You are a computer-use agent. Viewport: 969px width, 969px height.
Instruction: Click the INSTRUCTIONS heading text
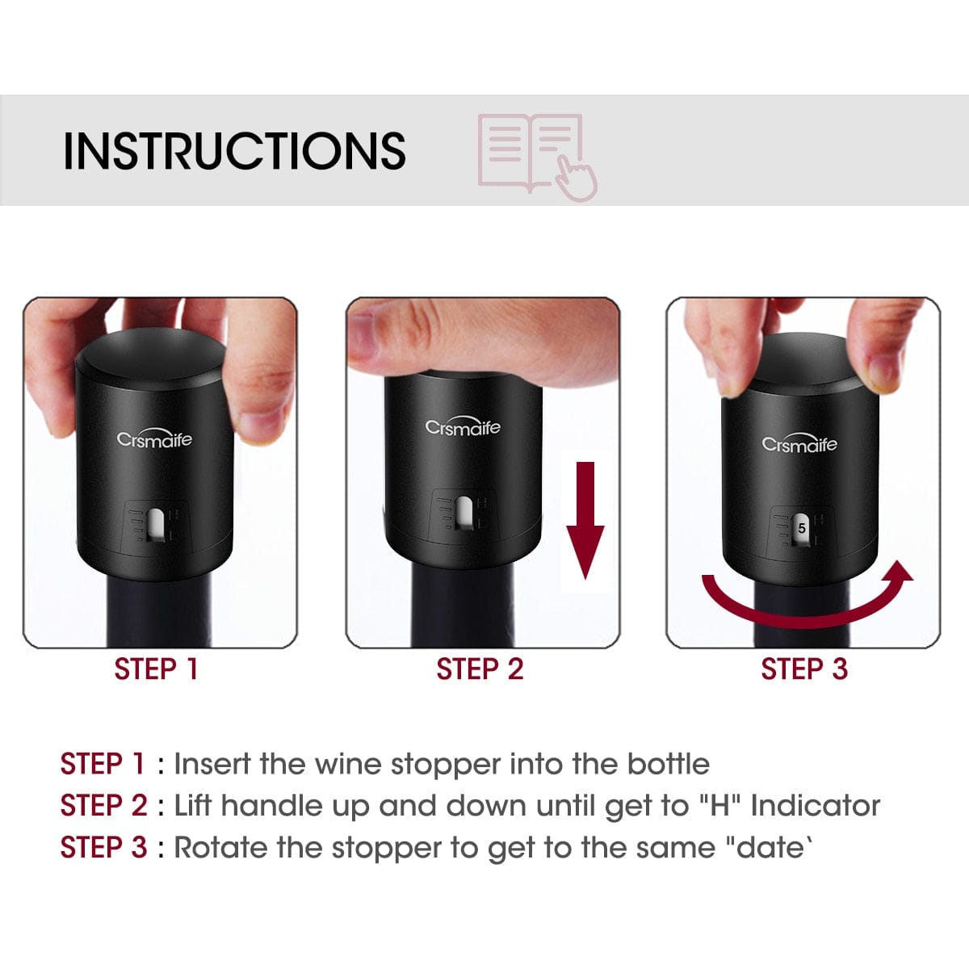coord(234,150)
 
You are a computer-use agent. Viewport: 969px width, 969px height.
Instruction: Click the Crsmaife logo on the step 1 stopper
coord(154,439)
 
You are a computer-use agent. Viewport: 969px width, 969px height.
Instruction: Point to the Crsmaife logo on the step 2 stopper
coord(463,427)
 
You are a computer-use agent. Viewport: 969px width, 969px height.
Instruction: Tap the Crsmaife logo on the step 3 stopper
coord(799,444)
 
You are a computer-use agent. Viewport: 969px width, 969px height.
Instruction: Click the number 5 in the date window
coord(801,528)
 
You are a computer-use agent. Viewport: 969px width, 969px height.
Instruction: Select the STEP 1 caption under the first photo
coord(156,669)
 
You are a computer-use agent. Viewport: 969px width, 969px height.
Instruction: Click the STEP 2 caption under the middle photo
coord(480,669)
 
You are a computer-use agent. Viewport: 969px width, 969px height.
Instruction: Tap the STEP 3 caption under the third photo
coord(803,669)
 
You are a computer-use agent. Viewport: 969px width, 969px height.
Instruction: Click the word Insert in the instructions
coord(212,764)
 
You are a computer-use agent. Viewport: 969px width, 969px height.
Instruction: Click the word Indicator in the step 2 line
coord(815,806)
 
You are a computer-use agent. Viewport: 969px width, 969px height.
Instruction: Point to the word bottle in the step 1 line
coord(668,764)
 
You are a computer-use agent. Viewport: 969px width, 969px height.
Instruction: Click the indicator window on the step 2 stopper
coord(464,513)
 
